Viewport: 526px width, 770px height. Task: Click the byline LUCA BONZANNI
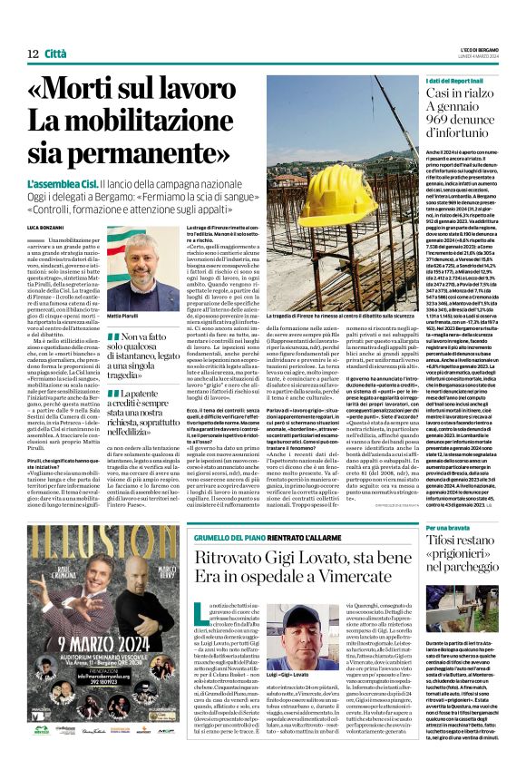(x=34, y=225)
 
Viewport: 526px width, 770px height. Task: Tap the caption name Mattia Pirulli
(x=125, y=316)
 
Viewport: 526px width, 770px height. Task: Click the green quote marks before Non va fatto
(x=112, y=336)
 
